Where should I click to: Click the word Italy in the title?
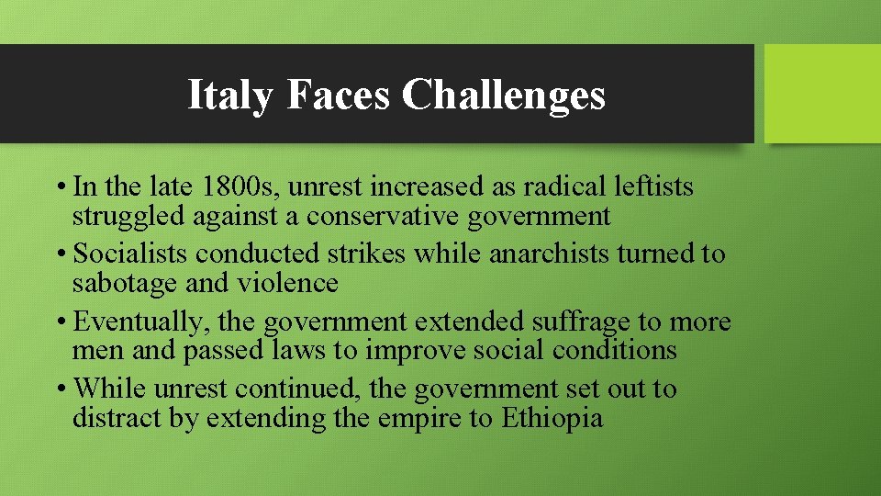click(x=229, y=95)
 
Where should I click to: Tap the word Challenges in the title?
click(x=503, y=95)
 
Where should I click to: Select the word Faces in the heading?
click(x=338, y=95)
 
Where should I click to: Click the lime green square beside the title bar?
click(x=821, y=94)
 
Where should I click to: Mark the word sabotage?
click(x=126, y=283)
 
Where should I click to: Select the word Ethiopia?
click(x=552, y=418)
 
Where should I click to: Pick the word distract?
click(x=117, y=418)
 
